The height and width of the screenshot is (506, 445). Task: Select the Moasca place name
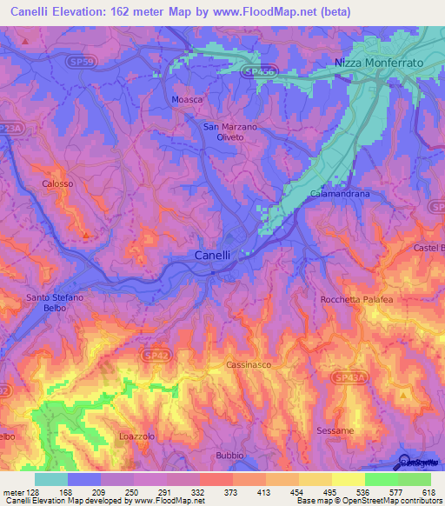[x=187, y=100]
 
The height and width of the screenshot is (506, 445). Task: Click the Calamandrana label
[x=340, y=194]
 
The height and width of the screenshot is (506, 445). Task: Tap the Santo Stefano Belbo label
[x=55, y=303]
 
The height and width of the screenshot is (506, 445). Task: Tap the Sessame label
[x=335, y=431]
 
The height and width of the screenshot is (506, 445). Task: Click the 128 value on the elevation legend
[x=29, y=491]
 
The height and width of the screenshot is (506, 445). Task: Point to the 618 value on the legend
[x=427, y=491]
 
